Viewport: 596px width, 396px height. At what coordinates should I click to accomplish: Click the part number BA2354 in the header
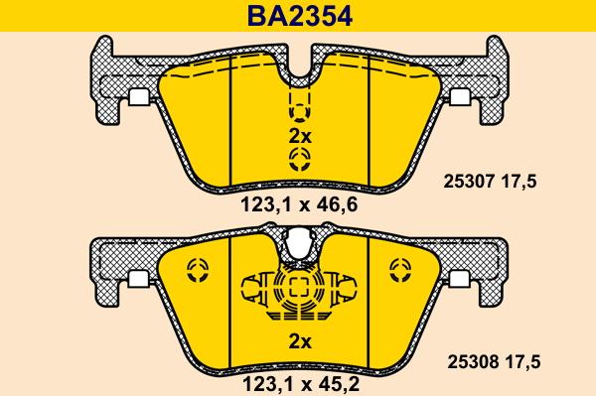coord(300,16)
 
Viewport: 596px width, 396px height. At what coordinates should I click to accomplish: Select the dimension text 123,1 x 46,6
coord(299,205)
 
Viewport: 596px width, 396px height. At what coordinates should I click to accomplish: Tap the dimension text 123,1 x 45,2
coord(301,385)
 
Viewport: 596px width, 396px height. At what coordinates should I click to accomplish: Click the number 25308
coord(473,362)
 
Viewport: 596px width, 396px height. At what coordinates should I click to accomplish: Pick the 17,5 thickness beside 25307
coord(520,182)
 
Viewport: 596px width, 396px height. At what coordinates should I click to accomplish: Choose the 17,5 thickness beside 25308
coord(522,362)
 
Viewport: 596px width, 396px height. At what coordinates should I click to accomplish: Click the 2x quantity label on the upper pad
coord(300,136)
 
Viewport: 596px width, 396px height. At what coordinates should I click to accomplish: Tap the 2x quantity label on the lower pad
coord(300,342)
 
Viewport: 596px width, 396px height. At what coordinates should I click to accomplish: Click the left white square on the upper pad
coord(140,97)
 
